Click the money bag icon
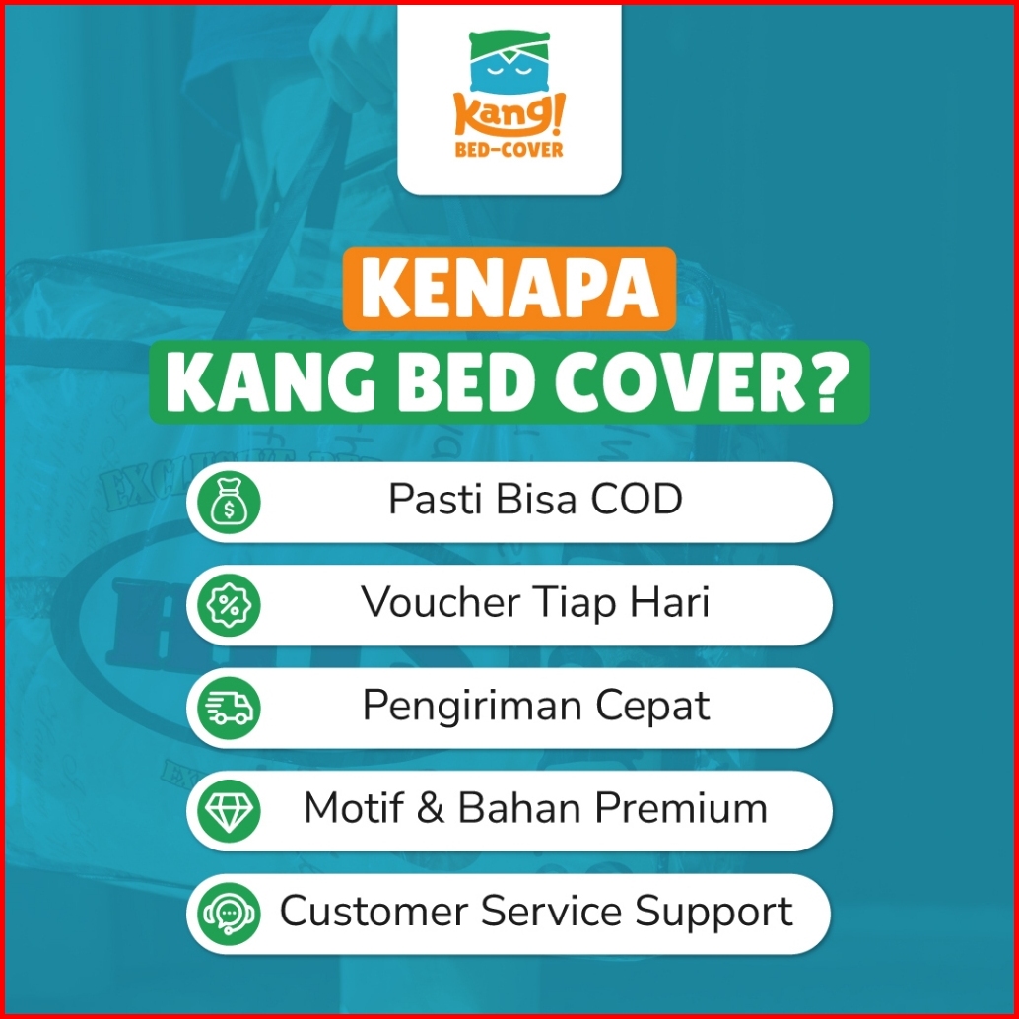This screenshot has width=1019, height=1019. [x=229, y=503]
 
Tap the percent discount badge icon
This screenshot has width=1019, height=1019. [x=229, y=605]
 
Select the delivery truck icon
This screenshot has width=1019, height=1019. [x=229, y=708]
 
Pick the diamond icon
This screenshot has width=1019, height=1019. [x=229, y=810]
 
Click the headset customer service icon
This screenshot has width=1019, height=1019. [x=229, y=914]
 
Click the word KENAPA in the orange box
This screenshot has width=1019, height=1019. [x=509, y=289]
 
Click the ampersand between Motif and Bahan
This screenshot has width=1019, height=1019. [x=431, y=808]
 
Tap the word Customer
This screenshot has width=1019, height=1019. [x=374, y=911]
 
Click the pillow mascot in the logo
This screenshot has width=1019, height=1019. [x=509, y=62]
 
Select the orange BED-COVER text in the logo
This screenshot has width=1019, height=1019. [x=509, y=150]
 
